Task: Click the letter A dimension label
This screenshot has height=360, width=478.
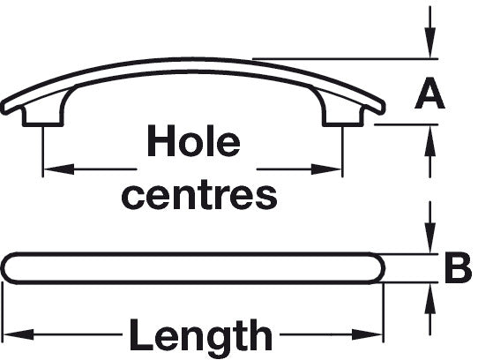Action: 429,94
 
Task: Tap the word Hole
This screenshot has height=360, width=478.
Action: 194,140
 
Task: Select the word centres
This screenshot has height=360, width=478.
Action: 199,196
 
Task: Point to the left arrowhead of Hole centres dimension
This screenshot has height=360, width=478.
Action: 59,169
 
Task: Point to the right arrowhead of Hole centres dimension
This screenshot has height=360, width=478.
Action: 326,169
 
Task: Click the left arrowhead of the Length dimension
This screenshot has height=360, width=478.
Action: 19,334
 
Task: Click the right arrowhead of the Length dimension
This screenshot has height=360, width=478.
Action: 368,334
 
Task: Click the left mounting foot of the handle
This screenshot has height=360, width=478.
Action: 43,115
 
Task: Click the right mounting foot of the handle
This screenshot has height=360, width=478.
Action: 343,115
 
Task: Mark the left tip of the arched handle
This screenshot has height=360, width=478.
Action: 3,108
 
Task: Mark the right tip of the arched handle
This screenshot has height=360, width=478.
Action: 384,108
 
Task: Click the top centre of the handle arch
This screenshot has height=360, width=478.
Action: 192,58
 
